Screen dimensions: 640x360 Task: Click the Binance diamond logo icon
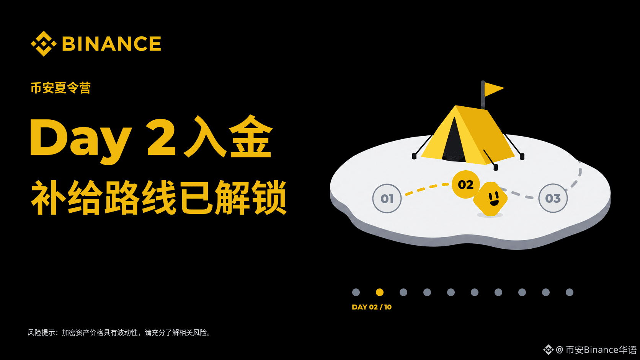pos(43,43)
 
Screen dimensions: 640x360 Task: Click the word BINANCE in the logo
pos(112,44)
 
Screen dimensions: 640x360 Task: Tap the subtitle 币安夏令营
pos(60,88)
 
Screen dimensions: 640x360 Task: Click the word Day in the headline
pos(80,140)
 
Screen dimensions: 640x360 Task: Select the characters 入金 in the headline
pos(228,137)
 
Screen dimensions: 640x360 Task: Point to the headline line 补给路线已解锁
pos(159,197)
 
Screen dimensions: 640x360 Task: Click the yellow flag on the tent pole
pos(494,89)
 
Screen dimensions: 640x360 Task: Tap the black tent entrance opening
pos(454,140)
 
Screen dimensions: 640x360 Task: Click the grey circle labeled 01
pos(387,199)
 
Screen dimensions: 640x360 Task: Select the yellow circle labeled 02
pos(466,184)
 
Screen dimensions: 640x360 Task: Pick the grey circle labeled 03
pos(553,198)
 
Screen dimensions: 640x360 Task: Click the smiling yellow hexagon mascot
pos(490,199)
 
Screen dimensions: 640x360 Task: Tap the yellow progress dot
pos(380,292)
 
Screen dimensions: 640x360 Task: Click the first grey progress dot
pos(356,292)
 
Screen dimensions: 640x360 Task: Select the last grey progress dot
pos(570,292)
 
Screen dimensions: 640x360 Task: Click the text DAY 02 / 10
pos(372,307)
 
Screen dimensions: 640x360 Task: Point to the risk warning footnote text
pos(119,332)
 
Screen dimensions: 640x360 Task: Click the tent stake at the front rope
pos(496,167)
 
